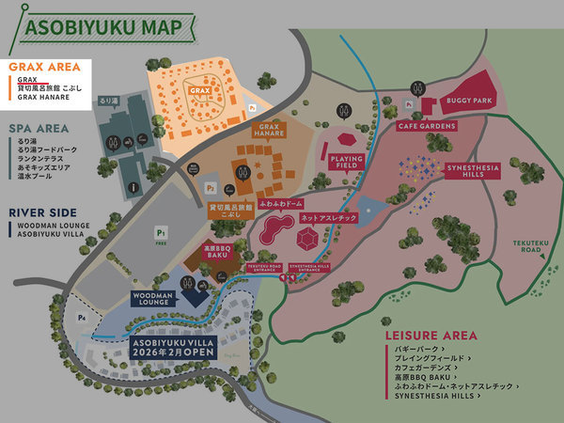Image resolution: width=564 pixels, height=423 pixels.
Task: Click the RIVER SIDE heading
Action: tap(42, 212)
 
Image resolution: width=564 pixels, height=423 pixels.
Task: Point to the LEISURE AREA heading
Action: tap(431, 336)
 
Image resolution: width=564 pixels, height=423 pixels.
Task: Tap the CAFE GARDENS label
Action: tap(426, 126)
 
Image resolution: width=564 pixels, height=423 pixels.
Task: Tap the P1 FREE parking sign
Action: tap(162, 234)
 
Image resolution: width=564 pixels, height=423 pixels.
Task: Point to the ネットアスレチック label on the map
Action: tap(328, 218)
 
